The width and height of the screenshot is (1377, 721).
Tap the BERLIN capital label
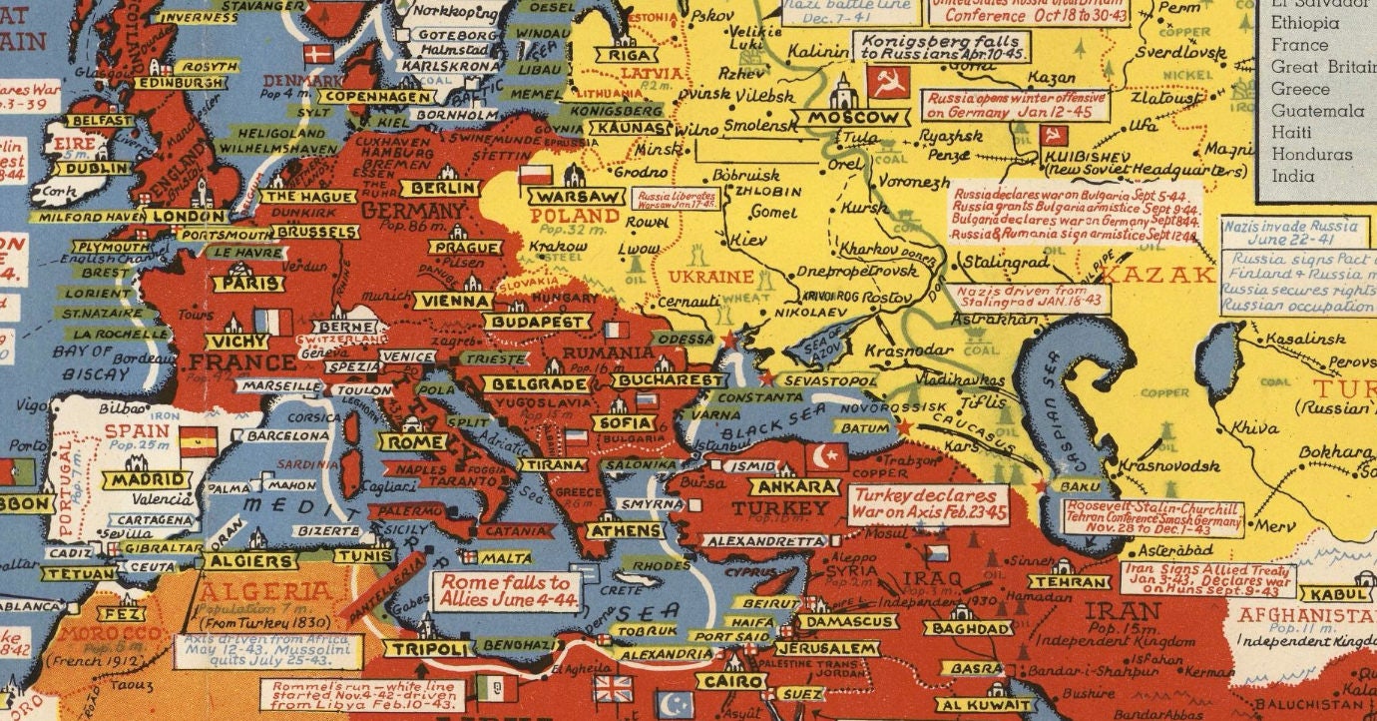(x=438, y=188)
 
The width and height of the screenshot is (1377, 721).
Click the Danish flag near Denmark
(x=318, y=54)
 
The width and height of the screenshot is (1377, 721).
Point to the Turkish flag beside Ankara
(x=827, y=457)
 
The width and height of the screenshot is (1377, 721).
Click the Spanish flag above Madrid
(x=198, y=440)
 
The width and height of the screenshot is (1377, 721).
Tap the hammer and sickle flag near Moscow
(x=887, y=84)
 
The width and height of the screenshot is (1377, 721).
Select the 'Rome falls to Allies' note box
(x=505, y=590)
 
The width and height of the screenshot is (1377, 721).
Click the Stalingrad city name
(x=1000, y=261)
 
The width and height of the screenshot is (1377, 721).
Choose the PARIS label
(x=247, y=284)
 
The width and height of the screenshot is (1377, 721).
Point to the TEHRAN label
(x=1069, y=582)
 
